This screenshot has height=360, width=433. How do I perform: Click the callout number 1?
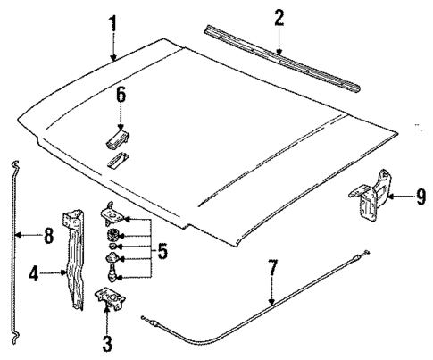(112, 21)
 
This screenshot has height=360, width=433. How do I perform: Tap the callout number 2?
(279, 17)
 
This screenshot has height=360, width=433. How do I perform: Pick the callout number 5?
(162, 252)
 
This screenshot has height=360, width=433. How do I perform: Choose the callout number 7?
(272, 266)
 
